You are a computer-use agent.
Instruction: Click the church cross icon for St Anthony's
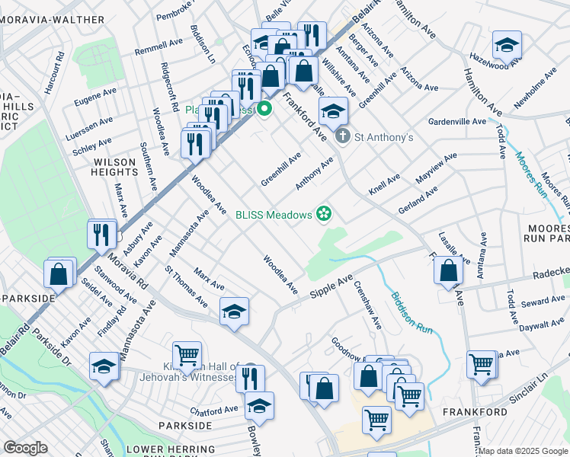(343, 137)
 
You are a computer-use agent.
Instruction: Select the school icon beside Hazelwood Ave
(507, 45)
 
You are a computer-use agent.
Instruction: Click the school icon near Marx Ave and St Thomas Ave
(234, 310)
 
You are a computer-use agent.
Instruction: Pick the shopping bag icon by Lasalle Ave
(450, 270)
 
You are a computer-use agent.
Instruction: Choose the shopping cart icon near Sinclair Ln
(481, 365)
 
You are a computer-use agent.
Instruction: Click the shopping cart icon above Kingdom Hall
(186, 354)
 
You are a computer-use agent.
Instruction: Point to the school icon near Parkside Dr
(104, 366)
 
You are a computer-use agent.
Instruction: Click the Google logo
(25, 448)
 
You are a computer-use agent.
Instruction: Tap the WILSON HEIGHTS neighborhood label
(114, 167)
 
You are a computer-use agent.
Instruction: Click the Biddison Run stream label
(411, 315)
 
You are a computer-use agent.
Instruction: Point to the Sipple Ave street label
(331, 289)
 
